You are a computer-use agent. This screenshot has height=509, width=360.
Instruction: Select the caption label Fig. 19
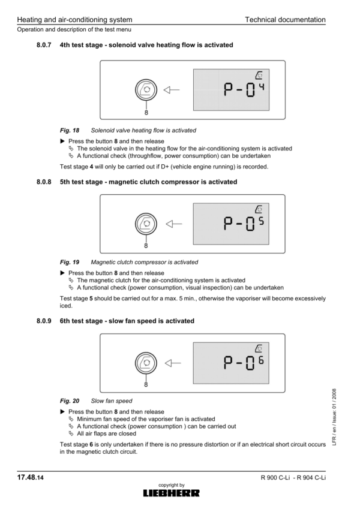click(69, 262)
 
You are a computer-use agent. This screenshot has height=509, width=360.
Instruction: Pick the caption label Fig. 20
click(69, 400)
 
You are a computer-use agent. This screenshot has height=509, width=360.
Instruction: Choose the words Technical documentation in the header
click(285, 20)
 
